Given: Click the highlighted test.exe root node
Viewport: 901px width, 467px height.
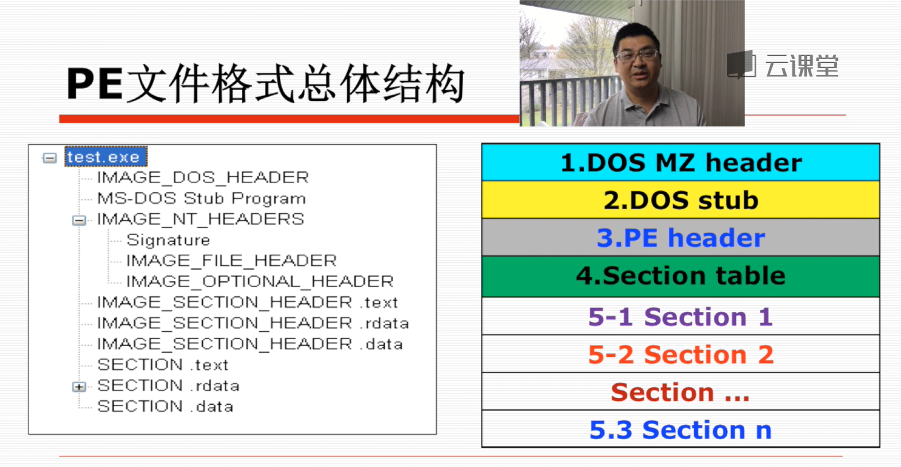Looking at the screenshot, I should [106, 157].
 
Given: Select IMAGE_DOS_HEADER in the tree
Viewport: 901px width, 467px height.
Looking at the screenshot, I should [203, 177].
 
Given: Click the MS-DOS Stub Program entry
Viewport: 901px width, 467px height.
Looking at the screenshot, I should [201, 198].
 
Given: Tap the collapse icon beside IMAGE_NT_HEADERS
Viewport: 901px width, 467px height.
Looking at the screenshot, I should [79, 220].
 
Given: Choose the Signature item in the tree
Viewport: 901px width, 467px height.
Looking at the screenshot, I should [168, 240].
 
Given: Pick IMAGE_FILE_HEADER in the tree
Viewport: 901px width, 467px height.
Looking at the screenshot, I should [231, 261].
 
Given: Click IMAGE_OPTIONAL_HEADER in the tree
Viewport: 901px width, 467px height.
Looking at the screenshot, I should [260, 281].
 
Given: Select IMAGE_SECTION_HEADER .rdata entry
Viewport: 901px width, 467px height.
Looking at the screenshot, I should [252, 323].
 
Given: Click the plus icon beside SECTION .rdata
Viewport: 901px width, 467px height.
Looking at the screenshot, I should [79, 386].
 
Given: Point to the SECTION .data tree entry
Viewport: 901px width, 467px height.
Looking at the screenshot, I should [165, 406].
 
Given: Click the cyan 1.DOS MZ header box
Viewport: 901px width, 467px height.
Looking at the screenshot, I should [680, 163].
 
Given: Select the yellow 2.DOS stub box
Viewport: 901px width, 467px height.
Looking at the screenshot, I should [680, 200].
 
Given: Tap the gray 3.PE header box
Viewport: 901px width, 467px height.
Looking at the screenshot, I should [680, 238].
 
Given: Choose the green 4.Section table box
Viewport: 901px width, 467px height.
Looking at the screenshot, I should [680, 276].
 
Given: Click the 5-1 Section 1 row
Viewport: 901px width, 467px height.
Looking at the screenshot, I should [680, 316].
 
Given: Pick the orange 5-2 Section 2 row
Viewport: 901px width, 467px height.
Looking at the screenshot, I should [680, 354].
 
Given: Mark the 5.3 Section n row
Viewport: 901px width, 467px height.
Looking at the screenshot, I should [680, 429].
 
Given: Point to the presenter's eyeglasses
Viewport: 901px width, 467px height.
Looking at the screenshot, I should [637, 55].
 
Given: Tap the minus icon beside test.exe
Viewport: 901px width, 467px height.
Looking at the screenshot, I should [50, 158].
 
